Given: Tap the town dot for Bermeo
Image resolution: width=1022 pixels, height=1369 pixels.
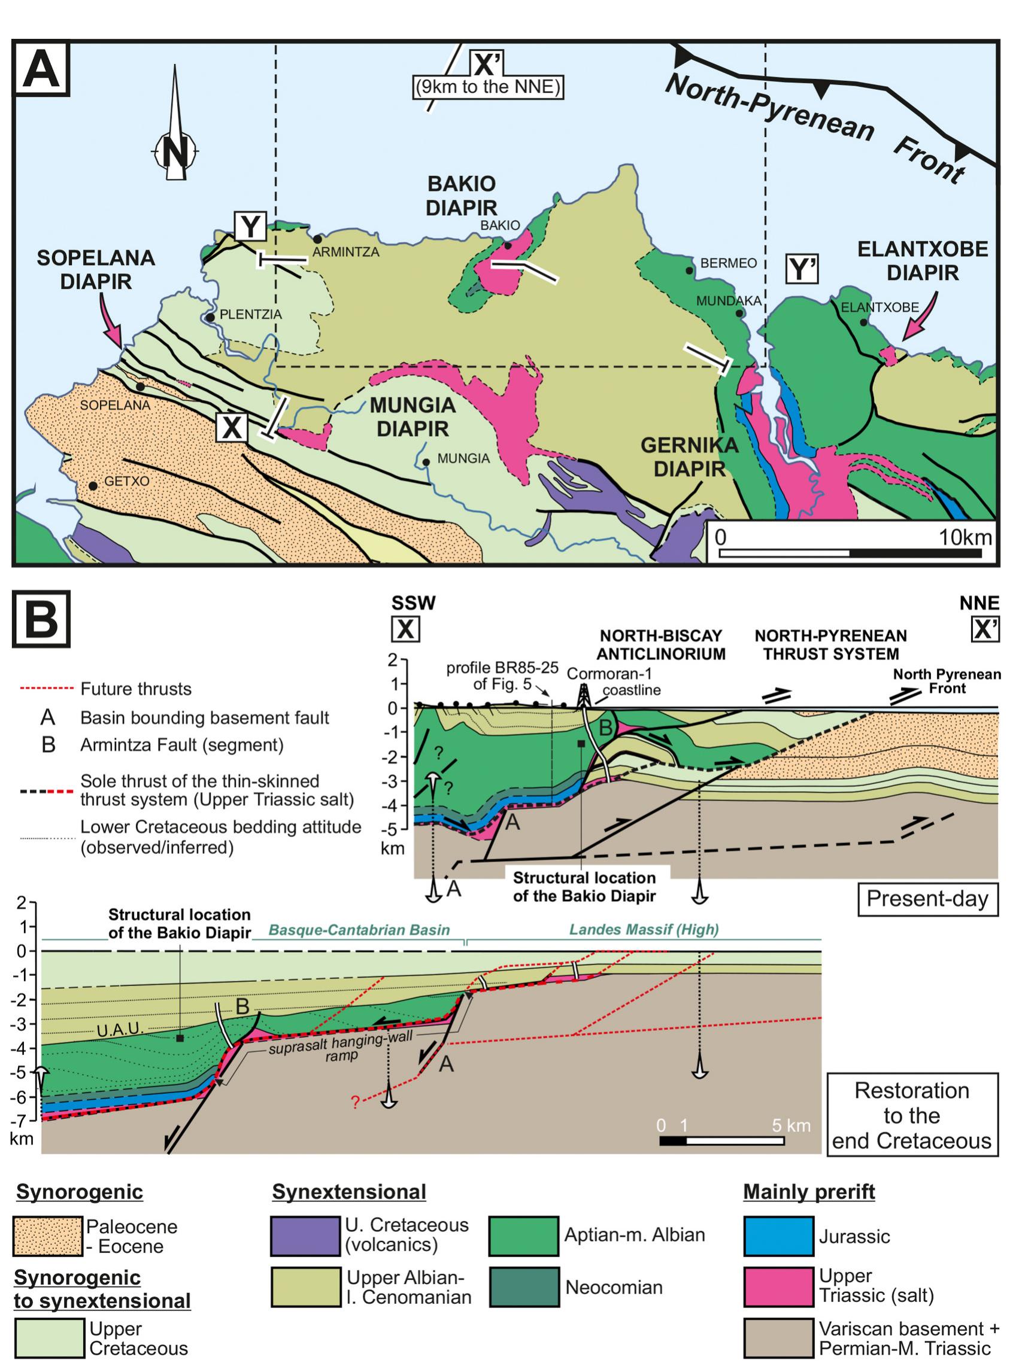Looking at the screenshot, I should (689, 270).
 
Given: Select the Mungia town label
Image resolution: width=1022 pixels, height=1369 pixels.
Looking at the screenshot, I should (463, 458).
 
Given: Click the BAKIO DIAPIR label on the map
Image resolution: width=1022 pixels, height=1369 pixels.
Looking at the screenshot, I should (462, 196).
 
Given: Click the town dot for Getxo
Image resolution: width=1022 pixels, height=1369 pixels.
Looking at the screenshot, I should (93, 486).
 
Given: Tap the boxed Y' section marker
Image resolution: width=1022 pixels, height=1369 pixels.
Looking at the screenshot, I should (802, 269).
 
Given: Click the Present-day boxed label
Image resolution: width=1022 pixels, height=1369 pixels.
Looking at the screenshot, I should (927, 899).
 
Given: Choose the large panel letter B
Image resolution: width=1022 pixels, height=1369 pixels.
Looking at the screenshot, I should (41, 618).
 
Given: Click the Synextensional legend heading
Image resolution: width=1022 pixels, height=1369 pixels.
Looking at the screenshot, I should (349, 1191).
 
